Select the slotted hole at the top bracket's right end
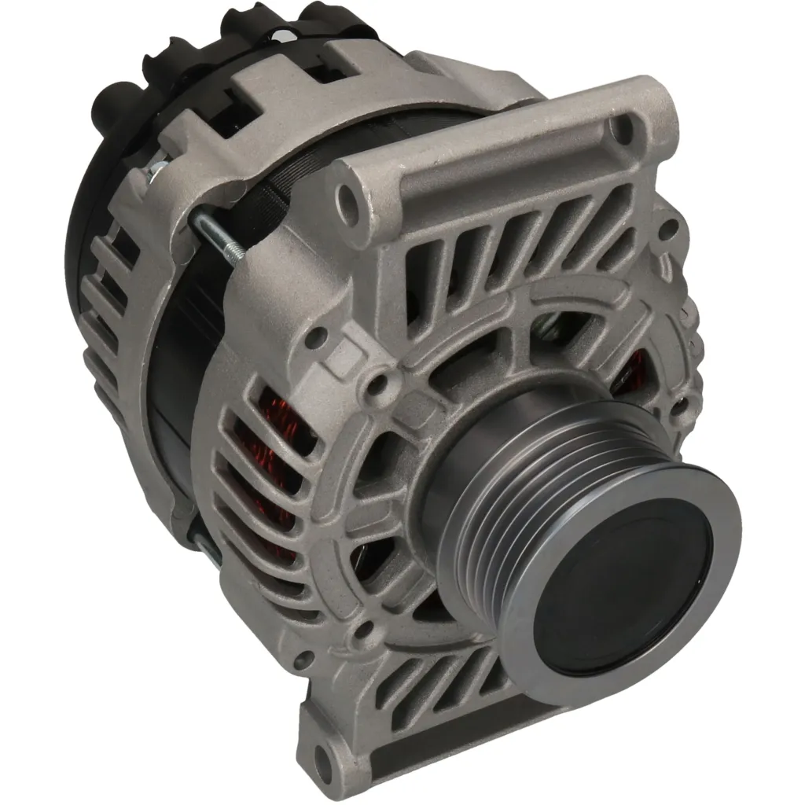pyautogui.click(x=623, y=128)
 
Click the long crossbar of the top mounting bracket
pyautogui.click(x=503, y=157)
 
